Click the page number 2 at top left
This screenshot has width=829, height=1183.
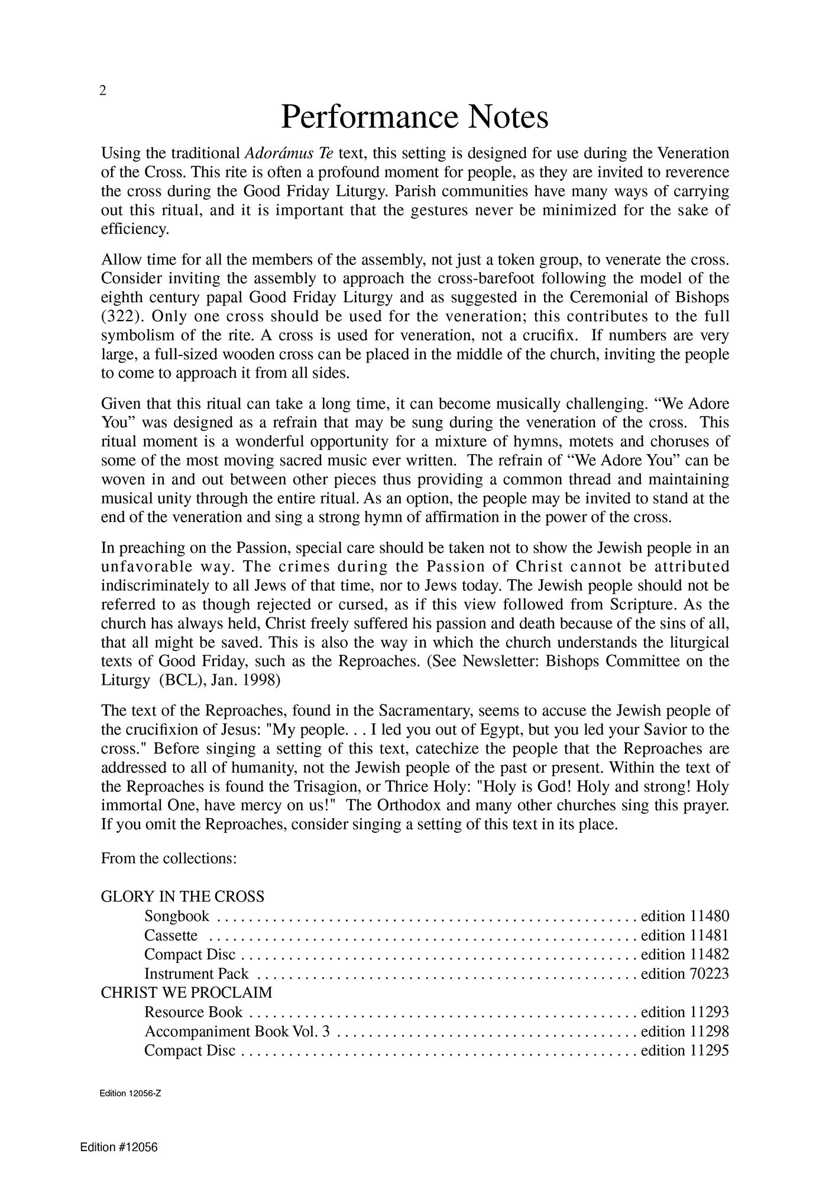pyautogui.click(x=103, y=90)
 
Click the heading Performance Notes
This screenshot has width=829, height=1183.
pyautogui.click(x=414, y=117)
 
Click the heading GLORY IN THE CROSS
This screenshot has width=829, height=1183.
pyautogui.click(x=183, y=897)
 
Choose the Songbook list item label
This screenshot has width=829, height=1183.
pyautogui.click(x=177, y=916)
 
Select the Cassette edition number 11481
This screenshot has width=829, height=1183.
pyautogui.click(x=709, y=935)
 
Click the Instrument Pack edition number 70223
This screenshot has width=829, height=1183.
pyautogui.click(x=709, y=974)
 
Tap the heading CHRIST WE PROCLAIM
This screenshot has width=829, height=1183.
pyautogui.click(x=186, y=993)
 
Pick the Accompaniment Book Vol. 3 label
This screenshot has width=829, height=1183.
pyautogui.click(x=237, y=1031)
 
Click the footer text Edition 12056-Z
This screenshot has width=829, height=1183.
pyautogui.click(x=131, y=1094)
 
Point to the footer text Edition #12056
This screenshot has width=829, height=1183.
pyautogui.click(x=119, y=1148)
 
